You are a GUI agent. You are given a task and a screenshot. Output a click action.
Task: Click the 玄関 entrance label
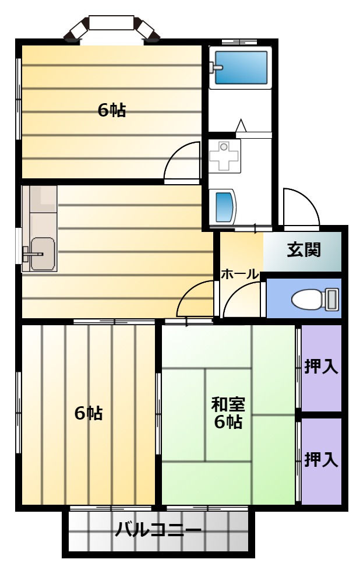coord(303,250)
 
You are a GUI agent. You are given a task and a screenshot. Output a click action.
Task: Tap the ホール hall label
coord(240,274)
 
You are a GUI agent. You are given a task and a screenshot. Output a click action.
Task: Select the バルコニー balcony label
coord(158,530)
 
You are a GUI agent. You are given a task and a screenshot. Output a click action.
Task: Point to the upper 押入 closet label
coord(321,366)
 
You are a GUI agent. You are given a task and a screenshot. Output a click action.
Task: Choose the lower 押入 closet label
coord(321,459)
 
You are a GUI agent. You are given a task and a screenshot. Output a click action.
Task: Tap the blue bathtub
coord(241,67)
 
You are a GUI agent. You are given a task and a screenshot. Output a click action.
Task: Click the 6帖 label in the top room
coord(112,110)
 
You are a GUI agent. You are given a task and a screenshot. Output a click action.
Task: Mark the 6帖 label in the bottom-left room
coord(89,413)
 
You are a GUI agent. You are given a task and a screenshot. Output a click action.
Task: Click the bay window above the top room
coord(111,27)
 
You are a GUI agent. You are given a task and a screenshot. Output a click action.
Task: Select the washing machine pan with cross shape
coord(224,156)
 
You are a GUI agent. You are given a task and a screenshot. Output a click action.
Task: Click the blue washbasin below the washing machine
coord(224,206)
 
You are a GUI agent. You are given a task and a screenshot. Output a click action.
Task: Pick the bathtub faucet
coord(216,67)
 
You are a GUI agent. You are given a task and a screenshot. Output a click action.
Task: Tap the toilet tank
coord(332,300)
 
